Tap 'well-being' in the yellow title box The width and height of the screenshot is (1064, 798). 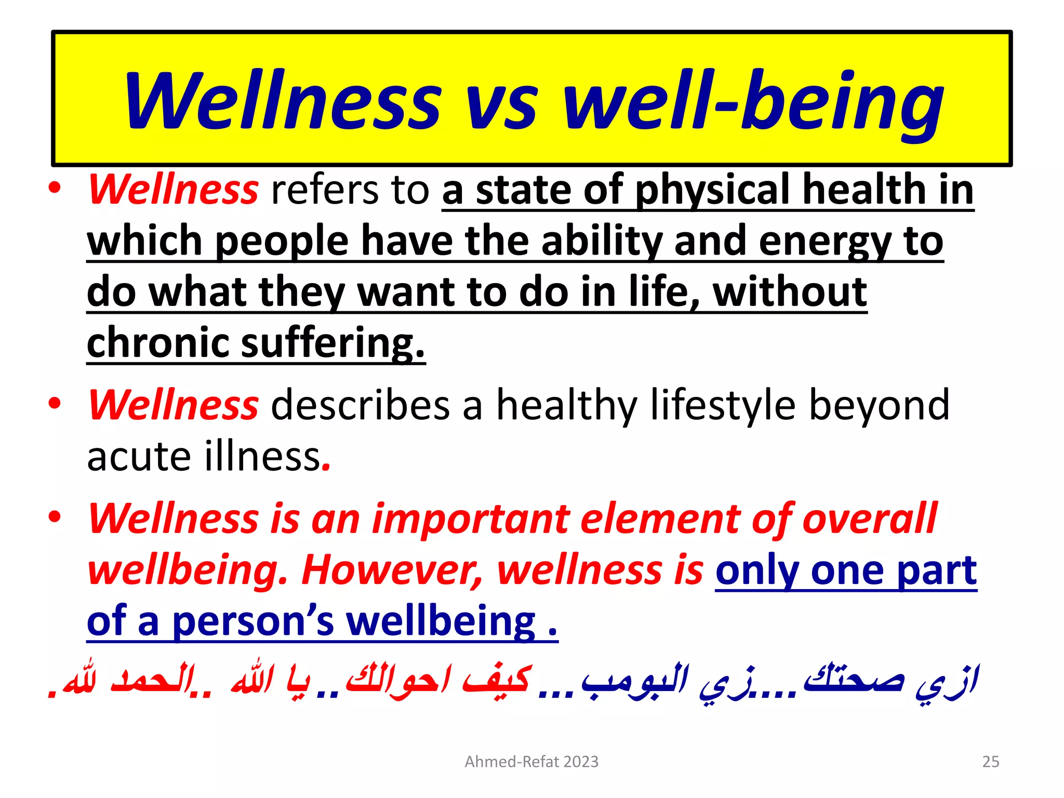point(753,102)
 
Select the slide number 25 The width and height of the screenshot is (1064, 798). point(990,762)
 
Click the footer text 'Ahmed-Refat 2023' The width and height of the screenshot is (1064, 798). point(531,762)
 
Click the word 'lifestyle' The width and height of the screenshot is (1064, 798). point(723,405)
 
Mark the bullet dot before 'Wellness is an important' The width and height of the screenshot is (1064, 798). point(55,517)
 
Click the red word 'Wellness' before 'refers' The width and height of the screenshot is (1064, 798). point(173,190)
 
